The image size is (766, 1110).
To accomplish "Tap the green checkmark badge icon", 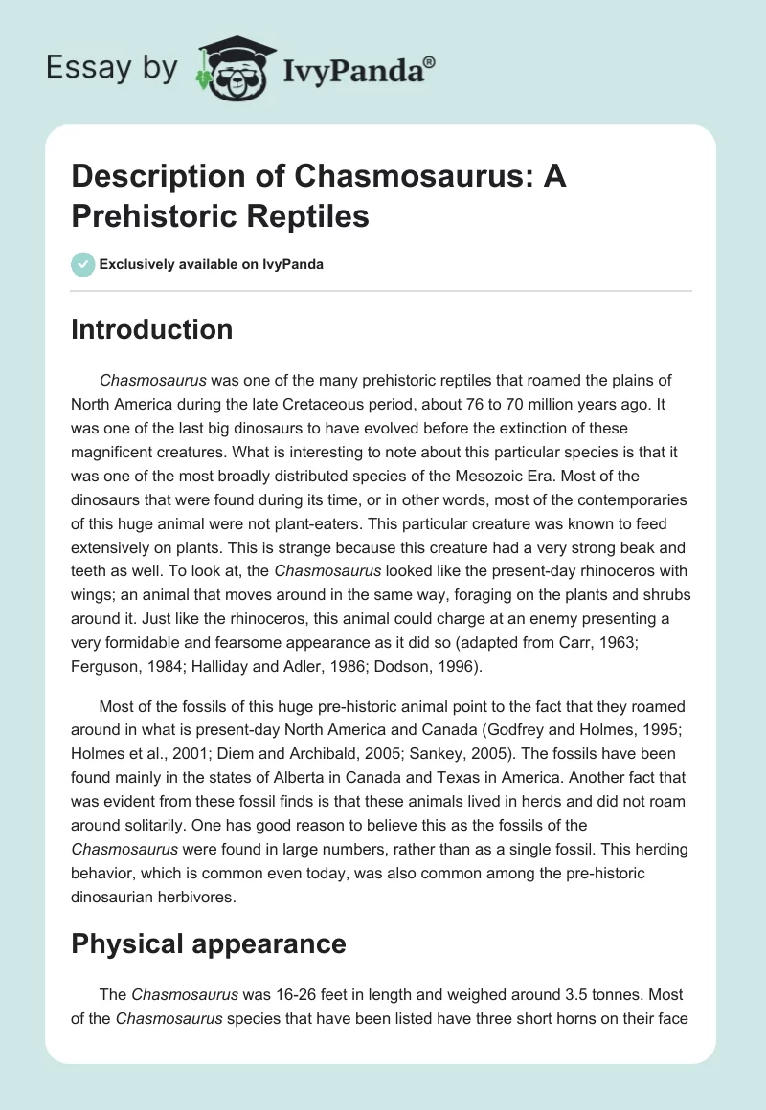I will pos(83,265).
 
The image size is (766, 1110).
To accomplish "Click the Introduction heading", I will pos(152,330).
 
